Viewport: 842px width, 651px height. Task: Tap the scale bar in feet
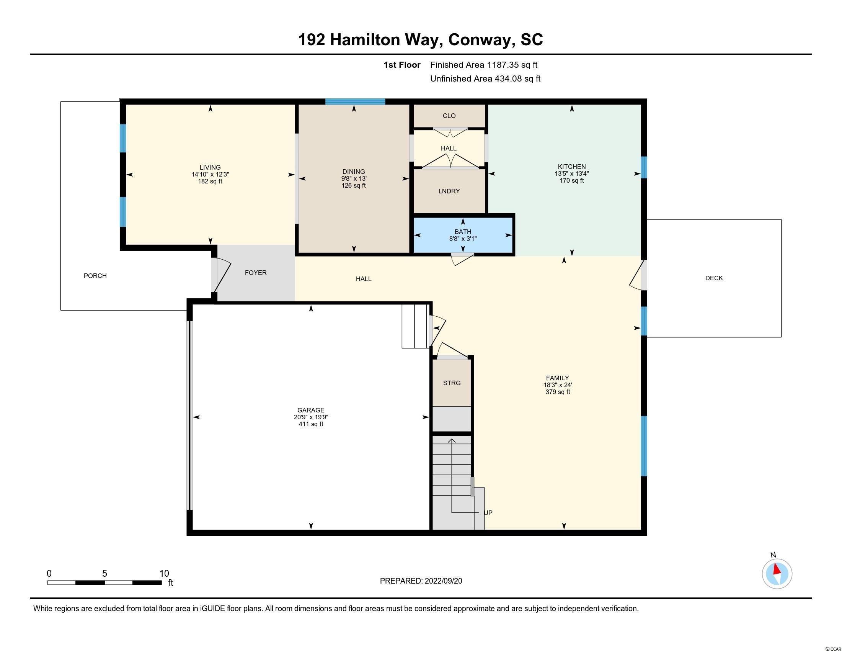104,582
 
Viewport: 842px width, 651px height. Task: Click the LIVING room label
210,167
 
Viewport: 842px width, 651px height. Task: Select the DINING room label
354,172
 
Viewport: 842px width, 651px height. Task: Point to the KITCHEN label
572,167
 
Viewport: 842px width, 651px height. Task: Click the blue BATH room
463,235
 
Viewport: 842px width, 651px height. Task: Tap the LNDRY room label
449,191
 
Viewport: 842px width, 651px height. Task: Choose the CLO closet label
449,116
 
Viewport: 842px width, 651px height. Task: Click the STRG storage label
452,383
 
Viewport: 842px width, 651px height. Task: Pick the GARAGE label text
311,411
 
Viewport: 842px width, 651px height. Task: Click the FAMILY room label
558,378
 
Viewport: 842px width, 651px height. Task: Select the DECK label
714,278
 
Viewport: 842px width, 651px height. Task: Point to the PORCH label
95,276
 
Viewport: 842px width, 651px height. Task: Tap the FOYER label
256,273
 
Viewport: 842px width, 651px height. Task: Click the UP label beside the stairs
488,513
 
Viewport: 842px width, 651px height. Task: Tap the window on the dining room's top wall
355,102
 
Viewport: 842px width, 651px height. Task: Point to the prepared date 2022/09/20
443,581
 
